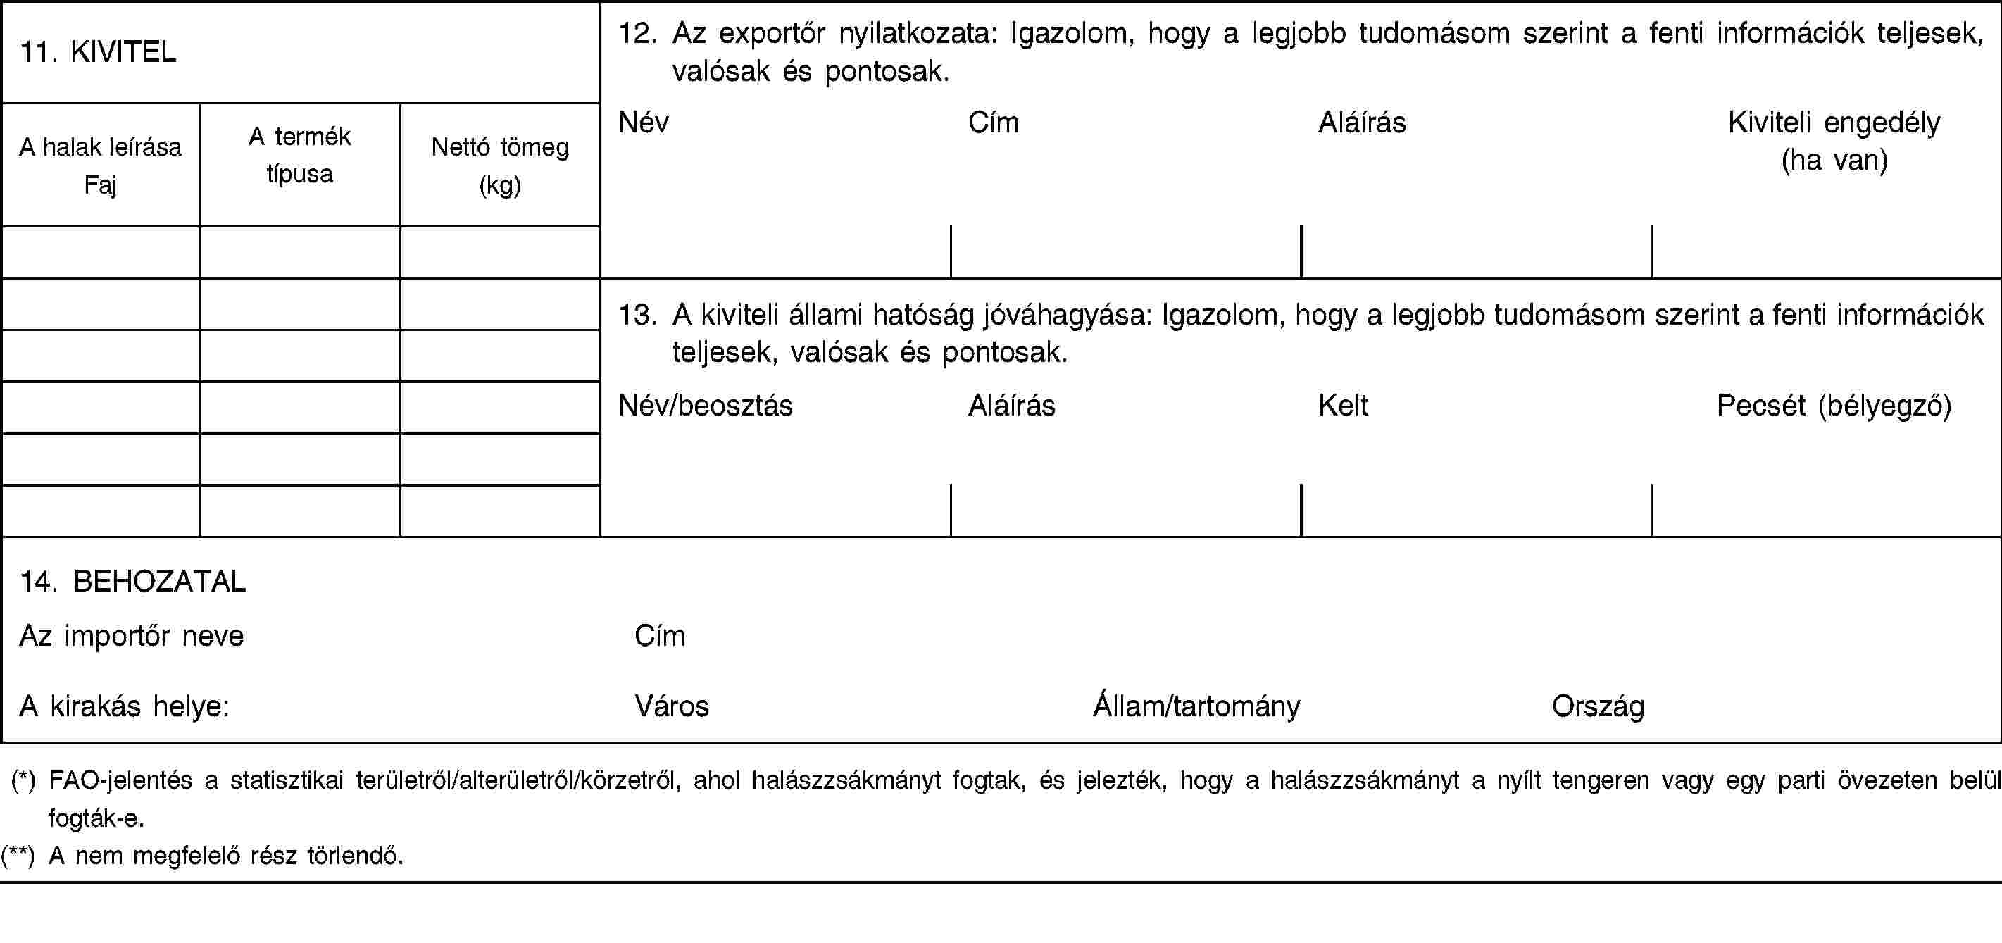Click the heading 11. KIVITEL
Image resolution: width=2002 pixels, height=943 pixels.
tap(98, 52)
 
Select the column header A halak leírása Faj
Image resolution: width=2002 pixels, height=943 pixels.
tap(100, 165)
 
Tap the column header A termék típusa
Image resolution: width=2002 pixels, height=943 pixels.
tap(299, 155)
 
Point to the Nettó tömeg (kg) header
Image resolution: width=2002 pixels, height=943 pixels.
tap(500, 165)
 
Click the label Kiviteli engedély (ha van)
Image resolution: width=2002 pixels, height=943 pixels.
tap(1834, 141)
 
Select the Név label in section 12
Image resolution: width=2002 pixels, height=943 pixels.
tap(643, 122)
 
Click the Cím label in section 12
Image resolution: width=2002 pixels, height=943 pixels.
tap(993, 122)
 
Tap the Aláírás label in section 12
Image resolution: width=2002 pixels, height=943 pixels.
tap(1362, 122)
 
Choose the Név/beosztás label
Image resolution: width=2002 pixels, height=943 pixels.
tap(705, 405)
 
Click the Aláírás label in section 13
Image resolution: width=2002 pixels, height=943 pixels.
tap(1011, 405)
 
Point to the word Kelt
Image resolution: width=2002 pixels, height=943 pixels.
tap(1343, 405)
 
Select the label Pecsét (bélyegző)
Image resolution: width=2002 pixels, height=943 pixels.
tap(1834, 405)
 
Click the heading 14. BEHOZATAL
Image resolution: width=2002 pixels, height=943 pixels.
tap(133, 581)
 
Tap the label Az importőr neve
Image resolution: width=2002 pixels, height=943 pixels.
tap(132, 636)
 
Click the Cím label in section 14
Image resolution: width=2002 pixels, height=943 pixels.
tap(660, 636)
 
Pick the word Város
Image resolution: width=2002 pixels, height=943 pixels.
tap(672, 706)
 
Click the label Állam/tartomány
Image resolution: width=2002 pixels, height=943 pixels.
tap(1196, 706)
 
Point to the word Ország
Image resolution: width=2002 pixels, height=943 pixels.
tap(1598, 706)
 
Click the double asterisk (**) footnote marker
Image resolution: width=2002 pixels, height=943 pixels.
tap(18, 856)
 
